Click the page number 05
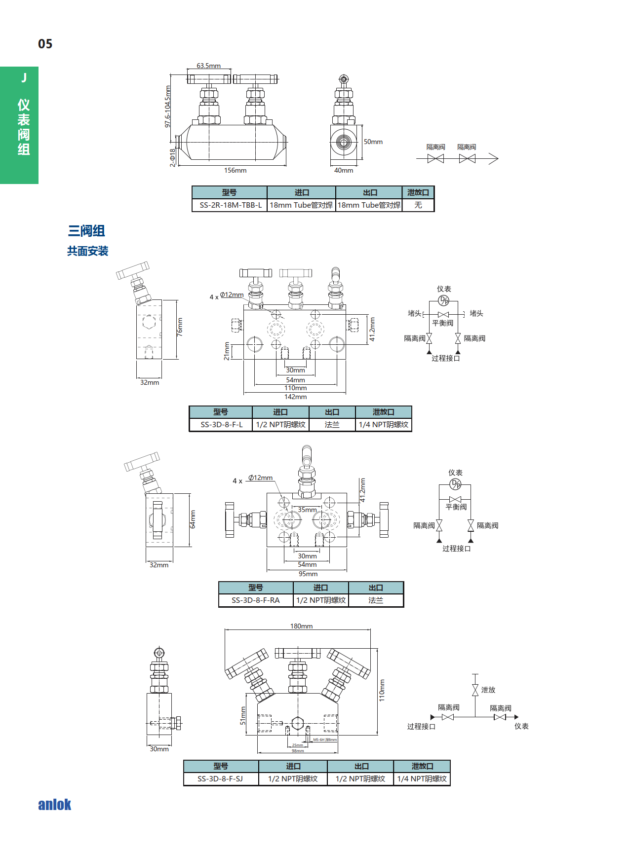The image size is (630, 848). tap(45, 44)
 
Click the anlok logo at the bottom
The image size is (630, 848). tap(54, 805)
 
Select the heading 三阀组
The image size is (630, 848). tap(86, 230)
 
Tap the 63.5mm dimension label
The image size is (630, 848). tap(208, 66)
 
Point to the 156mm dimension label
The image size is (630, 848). tap(235, 170)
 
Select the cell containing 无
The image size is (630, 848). tap(418, 205)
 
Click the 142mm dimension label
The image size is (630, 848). tap(295, 397)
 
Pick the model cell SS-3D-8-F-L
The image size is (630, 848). tap(221, 425)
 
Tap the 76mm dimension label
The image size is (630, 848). tap(180, 327)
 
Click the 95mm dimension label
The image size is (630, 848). tap(308, 574)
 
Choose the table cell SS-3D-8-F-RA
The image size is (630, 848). tap(255, 600)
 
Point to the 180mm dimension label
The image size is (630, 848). tap(301, 626)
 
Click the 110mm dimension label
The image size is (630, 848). tap(382, 690)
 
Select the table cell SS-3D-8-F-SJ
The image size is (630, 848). tap(220, 779)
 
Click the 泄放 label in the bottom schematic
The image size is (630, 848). tap(488, 690)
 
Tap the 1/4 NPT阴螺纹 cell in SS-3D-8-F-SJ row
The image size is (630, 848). tap(422, 779)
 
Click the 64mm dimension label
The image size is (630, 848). tap(193, 519)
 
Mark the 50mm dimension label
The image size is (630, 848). tap(373, 142)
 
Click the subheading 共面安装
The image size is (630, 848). tap(87, 251)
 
